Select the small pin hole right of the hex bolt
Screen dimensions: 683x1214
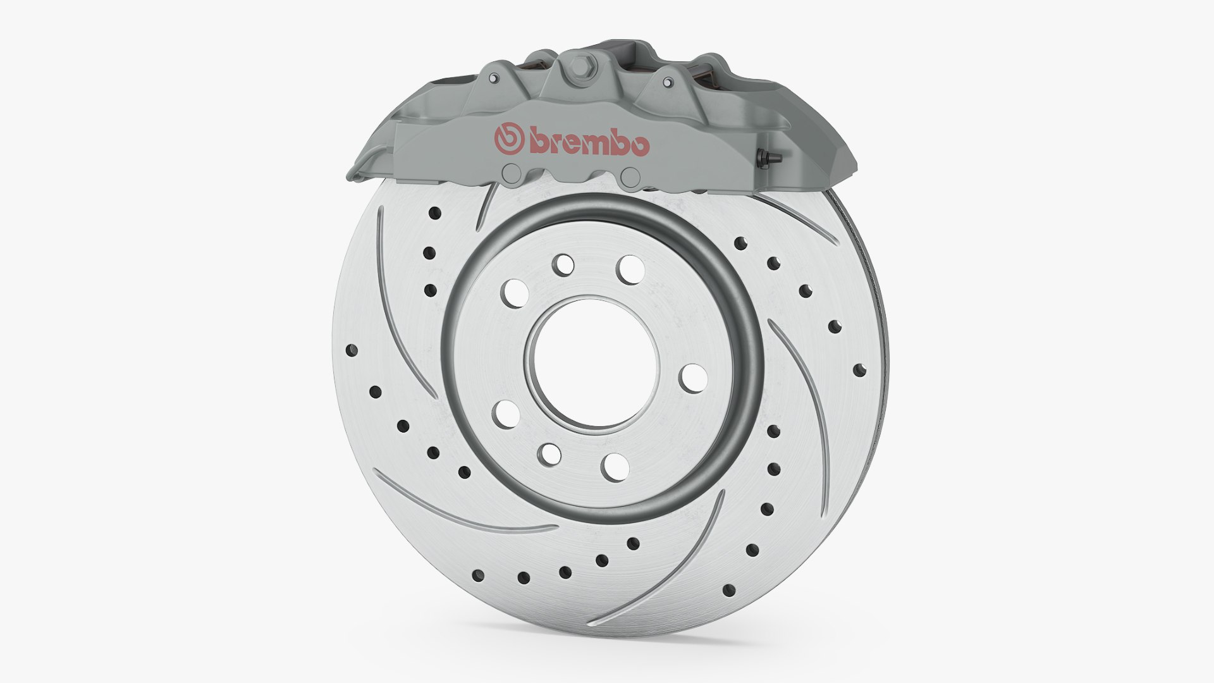(x=668, y=81)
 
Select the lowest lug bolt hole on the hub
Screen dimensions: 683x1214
(x=615, y=467)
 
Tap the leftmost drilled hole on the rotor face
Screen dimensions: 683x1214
(x=352, y=349)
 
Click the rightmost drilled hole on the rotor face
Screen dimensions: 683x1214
(x=857, y=369)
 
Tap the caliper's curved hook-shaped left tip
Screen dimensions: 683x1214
(x=358, y=173)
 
